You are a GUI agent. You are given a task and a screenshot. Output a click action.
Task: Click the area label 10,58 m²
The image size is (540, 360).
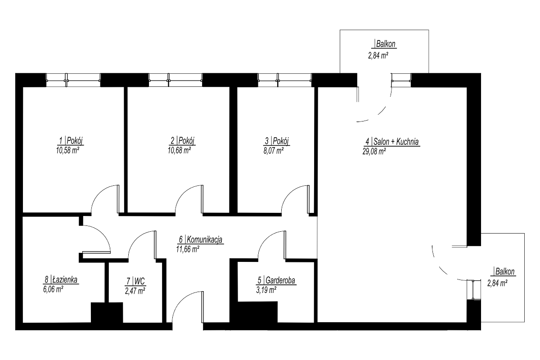[x=68, y=151]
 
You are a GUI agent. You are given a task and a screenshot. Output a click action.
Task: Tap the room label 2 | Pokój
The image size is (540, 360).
[x=183, y=140]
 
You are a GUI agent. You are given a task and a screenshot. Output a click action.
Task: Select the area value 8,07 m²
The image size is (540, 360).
[x=274, y=151]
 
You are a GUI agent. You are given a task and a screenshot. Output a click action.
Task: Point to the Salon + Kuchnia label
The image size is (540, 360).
[x=396, y=142]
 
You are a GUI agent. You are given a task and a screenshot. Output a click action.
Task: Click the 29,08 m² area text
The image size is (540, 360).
[x=374, y=152]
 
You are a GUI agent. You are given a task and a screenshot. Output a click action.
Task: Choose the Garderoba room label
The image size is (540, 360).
[x=280, y=280]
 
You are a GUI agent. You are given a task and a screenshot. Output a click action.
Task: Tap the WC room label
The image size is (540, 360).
[x=139, y=281]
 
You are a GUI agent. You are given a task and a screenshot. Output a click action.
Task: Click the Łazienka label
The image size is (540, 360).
[x=65, y=280]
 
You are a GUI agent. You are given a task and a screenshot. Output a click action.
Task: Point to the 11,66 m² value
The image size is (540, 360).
[x=188, y=249]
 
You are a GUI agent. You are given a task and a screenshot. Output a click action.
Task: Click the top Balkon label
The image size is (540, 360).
[x=386, y=44]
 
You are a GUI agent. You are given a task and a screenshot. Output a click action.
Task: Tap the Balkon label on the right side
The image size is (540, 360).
[x=505, y=271]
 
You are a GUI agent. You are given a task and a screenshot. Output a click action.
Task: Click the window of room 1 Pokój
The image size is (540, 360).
[x=73, y=80]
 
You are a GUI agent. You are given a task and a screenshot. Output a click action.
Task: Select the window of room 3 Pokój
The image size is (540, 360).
[x=285, y=80]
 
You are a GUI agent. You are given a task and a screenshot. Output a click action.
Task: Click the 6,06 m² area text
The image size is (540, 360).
[x=53, y=289]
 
